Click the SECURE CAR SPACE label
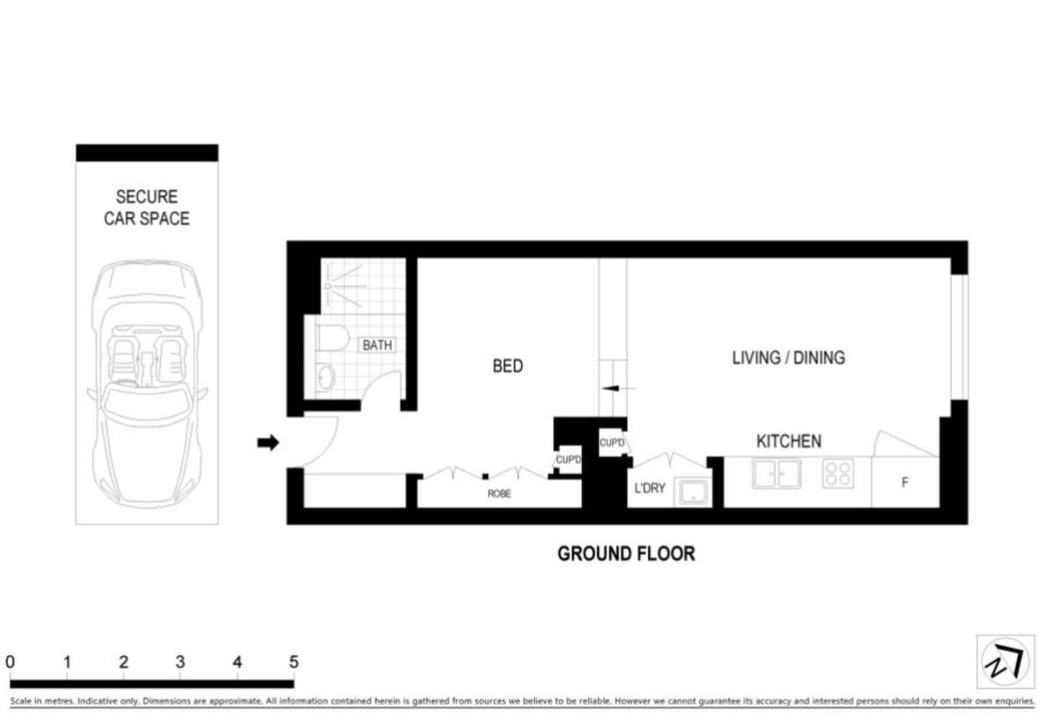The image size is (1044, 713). (x=146, y=208)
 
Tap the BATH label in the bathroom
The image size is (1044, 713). (x=377, y=345)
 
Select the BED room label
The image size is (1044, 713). (x=508, y=366)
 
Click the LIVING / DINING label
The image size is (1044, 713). (x=788, y=358)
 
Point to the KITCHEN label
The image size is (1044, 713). (x=789, y=442)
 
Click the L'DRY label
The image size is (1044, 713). (x=649, y=488)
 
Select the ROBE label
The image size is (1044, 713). (x=499, y=493)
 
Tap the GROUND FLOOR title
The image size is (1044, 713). (x=626, y=554)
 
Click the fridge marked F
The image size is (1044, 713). (x=904, y=482)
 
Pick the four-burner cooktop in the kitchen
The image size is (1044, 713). (x=838, y=474)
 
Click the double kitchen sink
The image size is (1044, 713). (x=777, y=474)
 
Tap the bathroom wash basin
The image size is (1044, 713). (x=325, y=378)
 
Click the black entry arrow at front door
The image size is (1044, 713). (x=268, y=442)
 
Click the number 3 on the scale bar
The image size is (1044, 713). (x=180, y=661)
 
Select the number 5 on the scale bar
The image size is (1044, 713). (x=293, y=661)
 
